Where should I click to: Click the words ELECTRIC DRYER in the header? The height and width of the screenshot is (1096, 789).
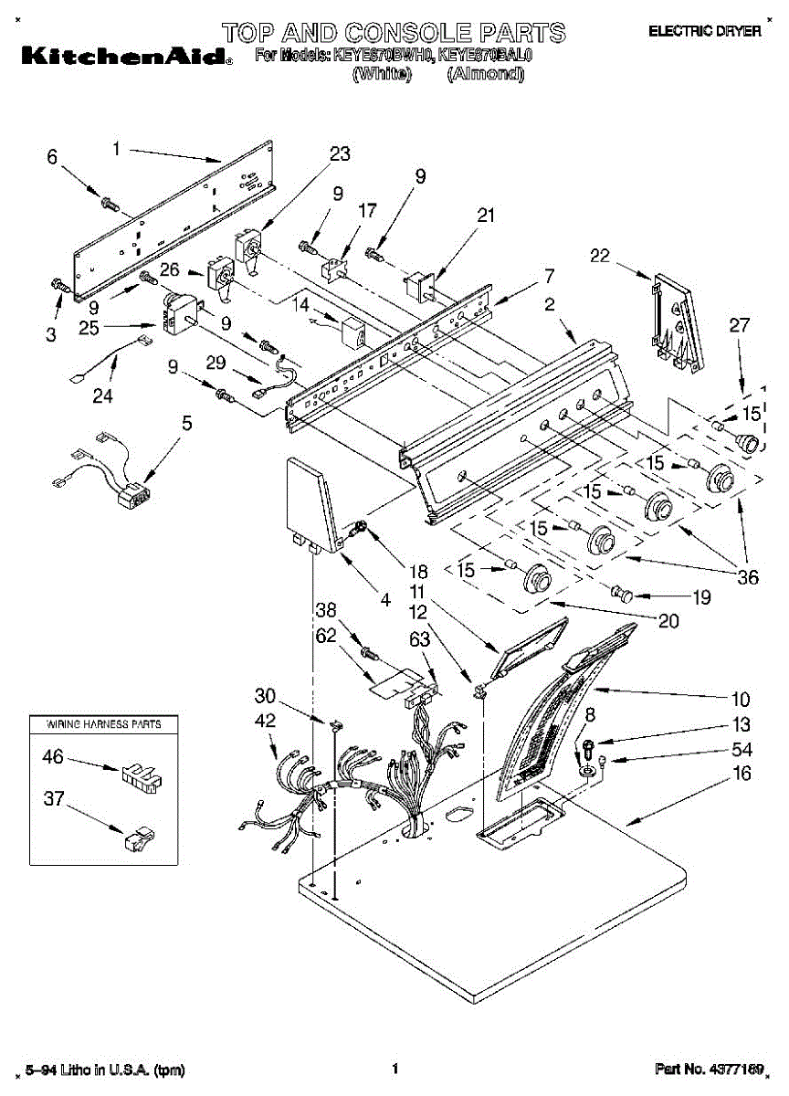click(704, 31)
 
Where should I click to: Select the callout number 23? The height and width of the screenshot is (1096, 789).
click(340, 154)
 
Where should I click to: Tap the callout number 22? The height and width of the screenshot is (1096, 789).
click(599, 257)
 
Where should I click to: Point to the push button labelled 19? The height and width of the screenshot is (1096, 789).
click(625, 594)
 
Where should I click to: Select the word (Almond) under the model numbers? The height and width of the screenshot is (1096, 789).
click(485, 75)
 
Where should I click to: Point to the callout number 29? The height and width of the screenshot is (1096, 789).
click(216, 364)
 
